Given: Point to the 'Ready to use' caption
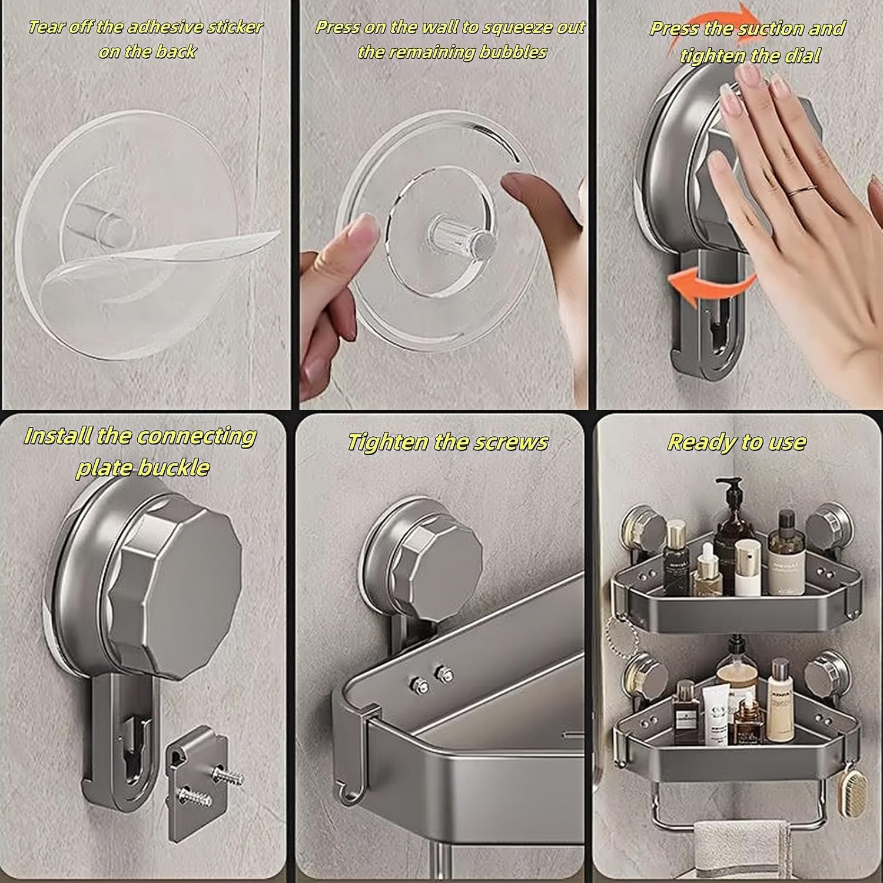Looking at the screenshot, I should pyautogui.click(x=736, y=441).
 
